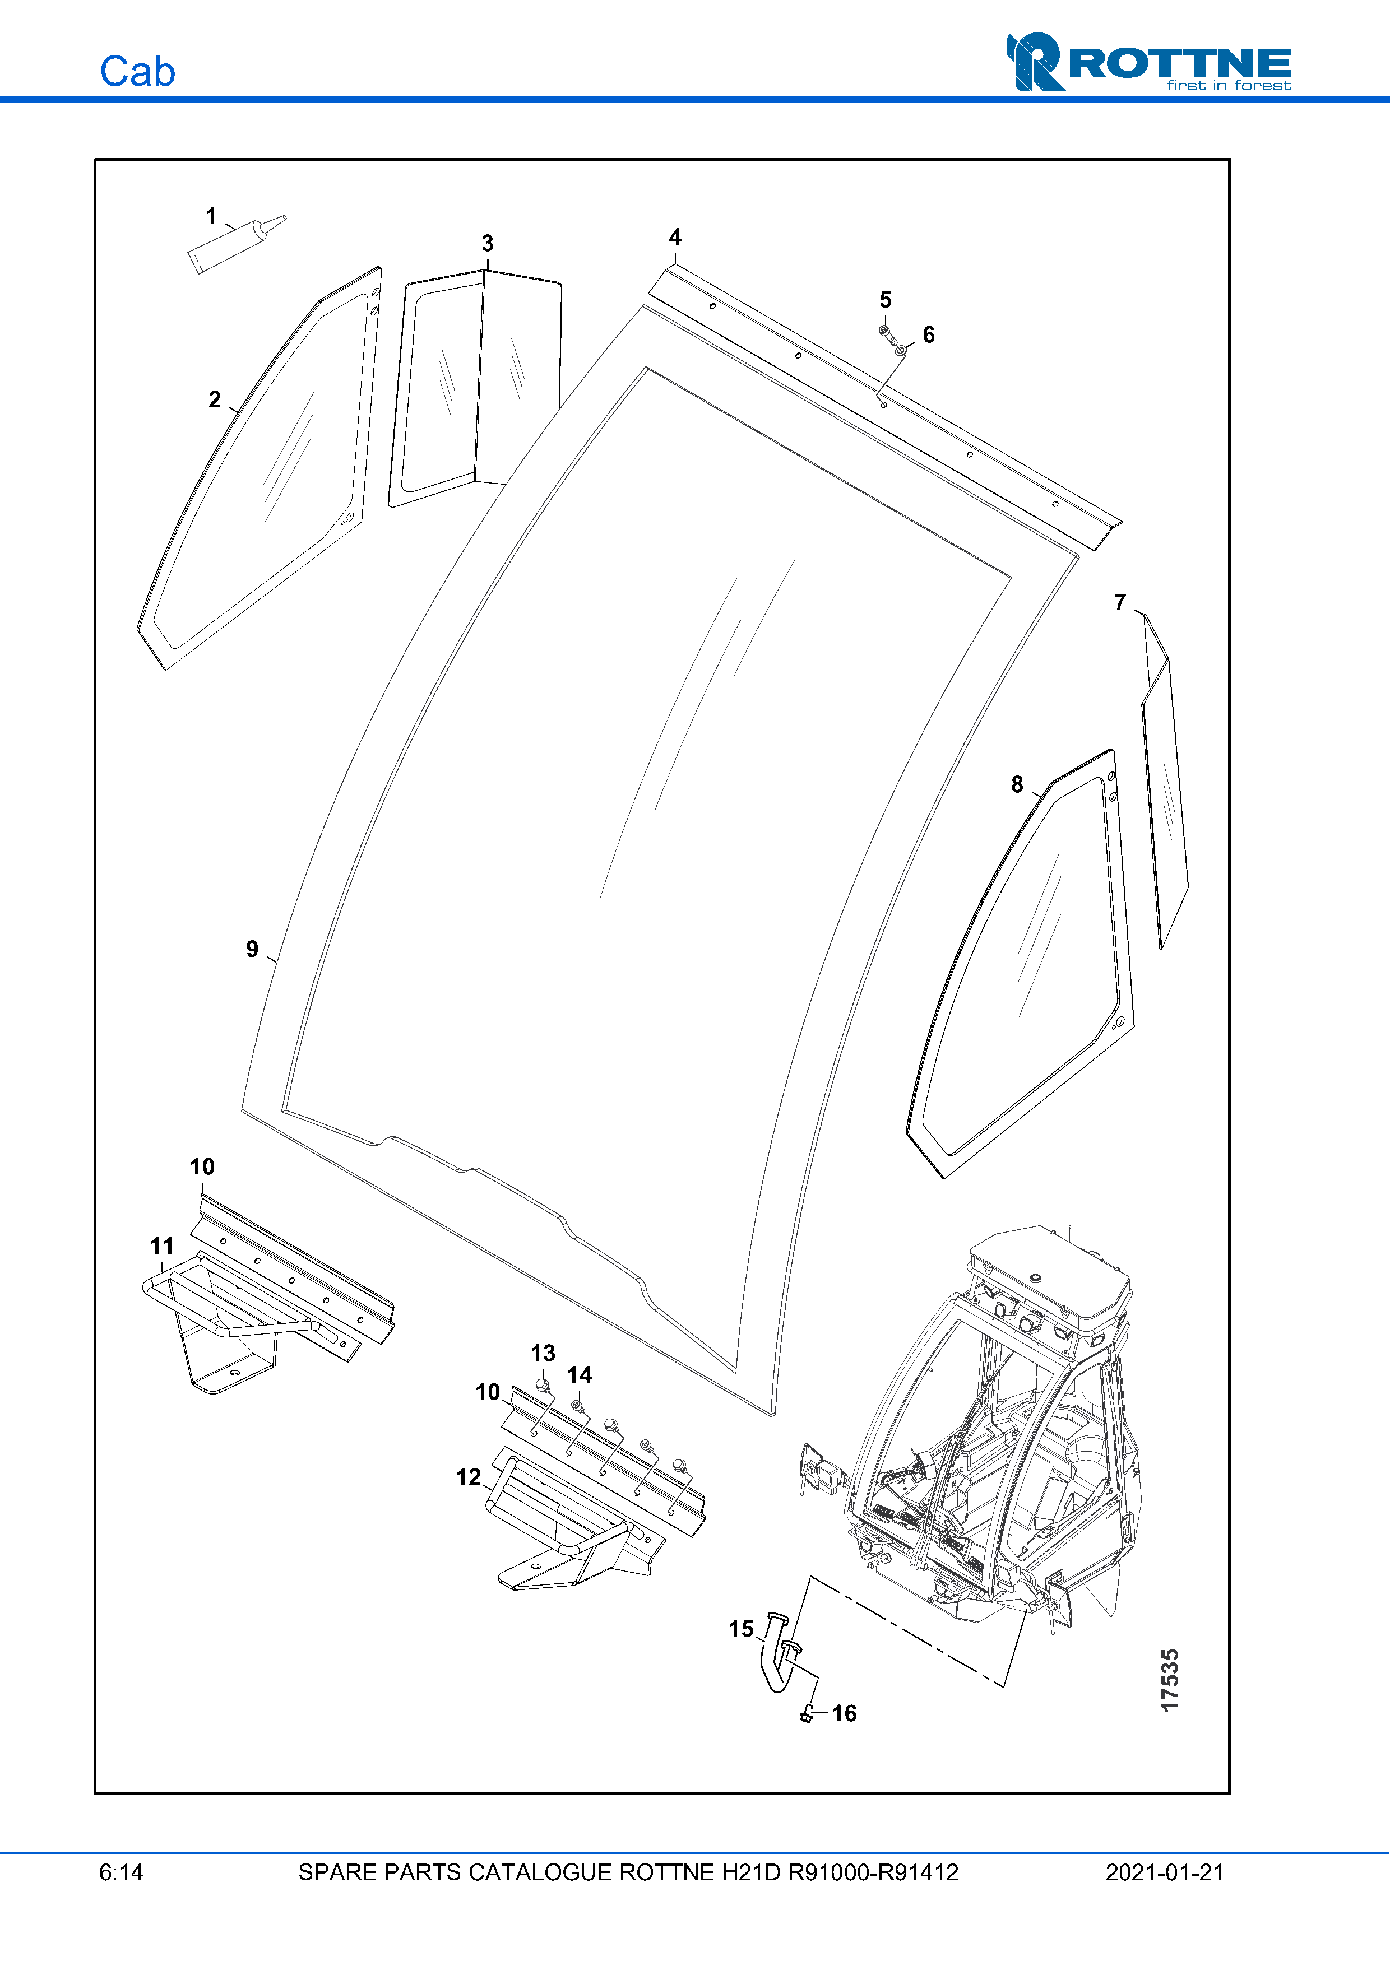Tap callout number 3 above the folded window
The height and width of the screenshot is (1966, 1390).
point(487,243)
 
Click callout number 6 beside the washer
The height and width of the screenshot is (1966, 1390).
point(928,335)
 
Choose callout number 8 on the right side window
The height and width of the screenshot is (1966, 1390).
point(1017,784)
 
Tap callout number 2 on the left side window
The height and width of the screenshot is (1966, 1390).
point(214,400)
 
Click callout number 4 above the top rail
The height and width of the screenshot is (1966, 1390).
point(675,237)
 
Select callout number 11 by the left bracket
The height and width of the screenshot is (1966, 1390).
point(162,1246)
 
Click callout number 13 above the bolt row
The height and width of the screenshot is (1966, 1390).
point(543,1353)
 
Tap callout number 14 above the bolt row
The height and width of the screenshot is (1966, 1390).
point(580,1375)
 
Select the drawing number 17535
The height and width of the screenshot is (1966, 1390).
point(1170,1680)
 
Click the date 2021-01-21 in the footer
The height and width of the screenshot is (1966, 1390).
point(1164,1872)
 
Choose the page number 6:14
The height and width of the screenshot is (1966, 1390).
point(121,1872)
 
